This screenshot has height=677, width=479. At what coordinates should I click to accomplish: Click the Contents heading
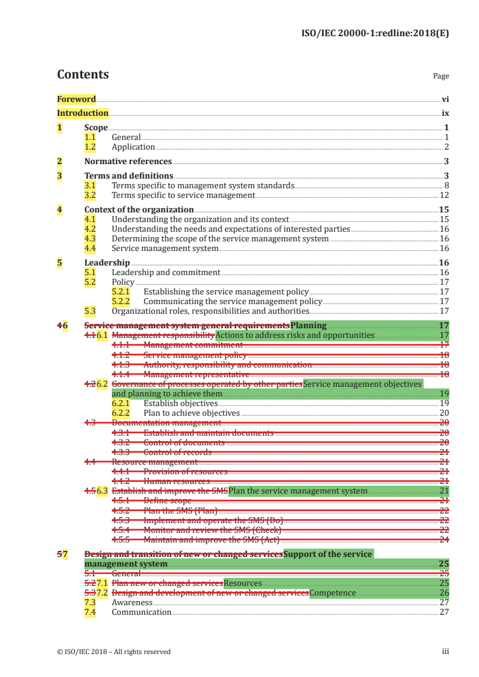click(x=83, y=75)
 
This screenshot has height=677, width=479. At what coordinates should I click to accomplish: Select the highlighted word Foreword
click(x=77, y=99)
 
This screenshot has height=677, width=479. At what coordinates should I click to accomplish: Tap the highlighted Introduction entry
click(x=83, y=113)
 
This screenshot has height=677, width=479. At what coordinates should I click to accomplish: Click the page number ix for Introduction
click(x=445, y=113)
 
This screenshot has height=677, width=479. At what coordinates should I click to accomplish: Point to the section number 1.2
click(x=90, y=147)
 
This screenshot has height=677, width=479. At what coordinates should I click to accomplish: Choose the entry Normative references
click(x=128, y=161)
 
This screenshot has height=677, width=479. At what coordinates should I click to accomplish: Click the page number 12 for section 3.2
click(x=444, y=195)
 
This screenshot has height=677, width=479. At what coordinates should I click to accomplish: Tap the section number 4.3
click(x=90, y=238)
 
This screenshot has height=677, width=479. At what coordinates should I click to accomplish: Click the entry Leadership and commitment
click(x=166, y=272)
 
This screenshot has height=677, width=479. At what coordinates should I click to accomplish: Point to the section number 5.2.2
click(x=121, y=301)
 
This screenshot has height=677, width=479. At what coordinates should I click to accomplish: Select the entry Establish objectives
click(x=181, y=403)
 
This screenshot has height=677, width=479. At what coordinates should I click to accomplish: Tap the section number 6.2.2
click(x=121, y=413)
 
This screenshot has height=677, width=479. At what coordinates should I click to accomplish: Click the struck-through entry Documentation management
click(x=154, y=423)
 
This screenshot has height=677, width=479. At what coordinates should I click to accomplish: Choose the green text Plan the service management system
click(x=298, y=491)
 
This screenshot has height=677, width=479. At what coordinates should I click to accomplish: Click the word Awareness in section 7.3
click(x=132, y=602)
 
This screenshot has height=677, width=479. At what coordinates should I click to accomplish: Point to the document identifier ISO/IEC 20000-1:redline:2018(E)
click(x=375, y=34)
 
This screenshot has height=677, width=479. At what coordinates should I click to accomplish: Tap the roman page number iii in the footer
click(x=445, y=651)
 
